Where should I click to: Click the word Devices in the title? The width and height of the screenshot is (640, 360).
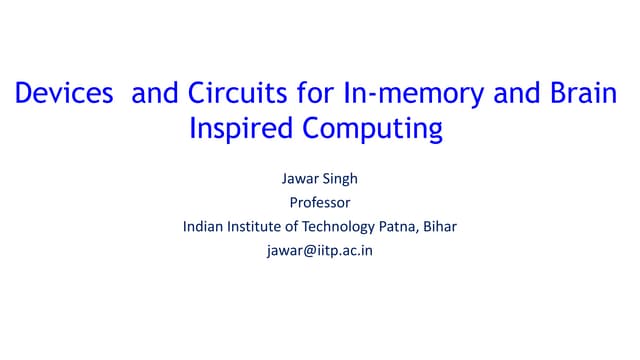point(63,96)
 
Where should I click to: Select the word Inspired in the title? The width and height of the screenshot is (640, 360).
point(237,130)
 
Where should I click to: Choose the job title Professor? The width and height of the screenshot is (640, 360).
point(319,203)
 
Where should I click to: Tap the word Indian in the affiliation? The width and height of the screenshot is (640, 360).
point(204,226)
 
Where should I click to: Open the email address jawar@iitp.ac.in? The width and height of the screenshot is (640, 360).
point(319,250)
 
